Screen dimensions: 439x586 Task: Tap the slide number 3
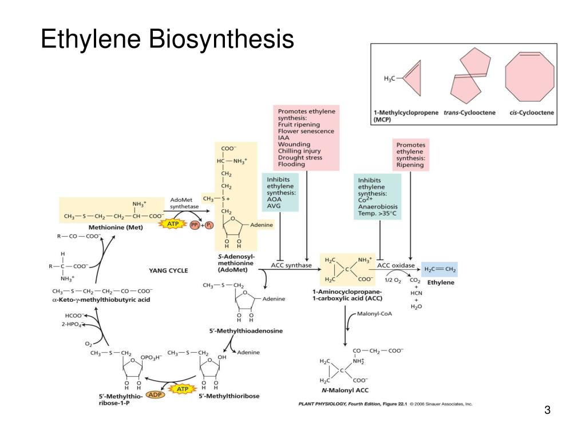[x=548, y=410]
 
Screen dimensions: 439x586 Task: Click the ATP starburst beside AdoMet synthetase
[x=173, y=225]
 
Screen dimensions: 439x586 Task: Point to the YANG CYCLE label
[x=168, y=270]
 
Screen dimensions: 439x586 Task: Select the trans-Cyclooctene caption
[x=469, y=113]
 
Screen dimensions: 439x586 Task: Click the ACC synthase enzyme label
[x=291, y=265]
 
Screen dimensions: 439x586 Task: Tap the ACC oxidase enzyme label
[x=395, y=265]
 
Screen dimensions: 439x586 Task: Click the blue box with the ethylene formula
[x=439, y=269]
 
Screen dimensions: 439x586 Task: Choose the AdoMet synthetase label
[x=183, y=203]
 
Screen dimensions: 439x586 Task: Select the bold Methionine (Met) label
[x=96, y=228]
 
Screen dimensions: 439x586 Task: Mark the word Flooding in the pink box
[x=292, y=165]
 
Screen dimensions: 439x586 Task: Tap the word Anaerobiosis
[x=378, y=207]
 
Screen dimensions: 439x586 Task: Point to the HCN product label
[x=416, y=293]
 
